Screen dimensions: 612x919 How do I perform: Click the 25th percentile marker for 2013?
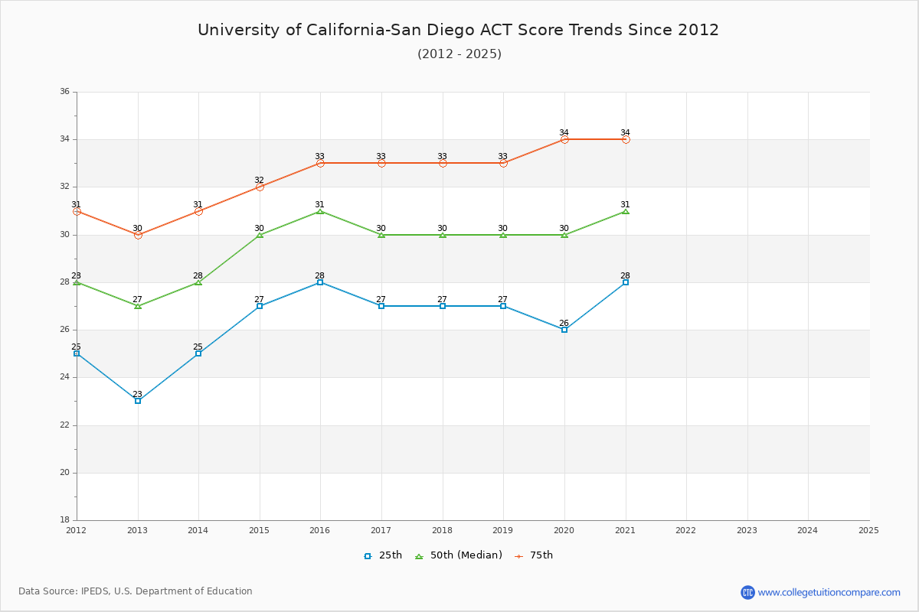pos(138,401)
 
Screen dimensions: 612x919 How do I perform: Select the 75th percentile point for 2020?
pos(564,139)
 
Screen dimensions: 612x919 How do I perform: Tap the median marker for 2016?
pos(320,210)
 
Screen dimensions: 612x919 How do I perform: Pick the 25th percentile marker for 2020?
pos(564,330)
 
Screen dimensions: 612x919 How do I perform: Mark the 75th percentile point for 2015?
pos(260,187)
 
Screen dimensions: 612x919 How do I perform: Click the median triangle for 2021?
pos(626,210)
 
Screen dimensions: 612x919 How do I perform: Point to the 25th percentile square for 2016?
pos(320,282)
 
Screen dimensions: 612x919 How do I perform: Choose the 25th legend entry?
pos(383,555)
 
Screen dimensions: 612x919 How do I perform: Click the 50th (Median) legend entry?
pos(458,555)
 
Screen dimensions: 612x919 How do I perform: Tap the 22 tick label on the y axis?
pos(64,425)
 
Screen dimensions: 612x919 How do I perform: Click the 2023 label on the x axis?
pos(747,530)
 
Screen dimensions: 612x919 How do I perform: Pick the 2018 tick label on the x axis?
pos(442,530)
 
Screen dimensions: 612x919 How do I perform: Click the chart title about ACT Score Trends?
pos(458,30)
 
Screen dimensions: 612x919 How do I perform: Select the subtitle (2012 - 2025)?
pos(459,54)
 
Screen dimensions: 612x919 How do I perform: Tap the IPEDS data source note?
pos(136,591)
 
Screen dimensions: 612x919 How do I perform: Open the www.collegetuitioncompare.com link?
pos(829,592)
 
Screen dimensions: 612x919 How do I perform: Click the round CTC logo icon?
pos(747,592)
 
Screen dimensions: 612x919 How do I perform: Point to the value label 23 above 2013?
pos(138,394)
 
